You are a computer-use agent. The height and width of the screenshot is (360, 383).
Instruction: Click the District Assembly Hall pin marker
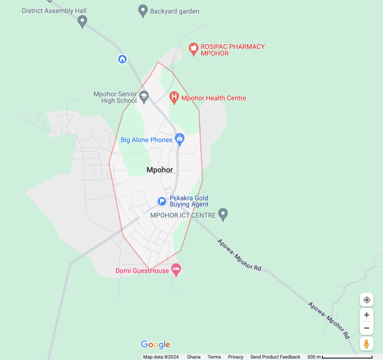click(x=82, y=21)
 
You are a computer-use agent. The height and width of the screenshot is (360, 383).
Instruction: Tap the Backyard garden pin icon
click(x=143, y=11)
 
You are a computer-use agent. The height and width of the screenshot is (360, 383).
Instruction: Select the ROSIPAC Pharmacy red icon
click(x=193, y=49)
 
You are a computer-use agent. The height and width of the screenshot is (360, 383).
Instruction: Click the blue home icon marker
click(x=122, y=59)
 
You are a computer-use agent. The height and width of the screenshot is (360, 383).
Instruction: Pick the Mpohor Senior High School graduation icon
click(x=144, y=97)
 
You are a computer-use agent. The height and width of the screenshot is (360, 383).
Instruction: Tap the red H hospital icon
click(x=174, y=98)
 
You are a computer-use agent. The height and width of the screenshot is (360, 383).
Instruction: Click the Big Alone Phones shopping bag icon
click(x=180, y=140)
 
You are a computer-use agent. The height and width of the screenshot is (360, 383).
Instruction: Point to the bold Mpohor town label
click(x=160, y=170)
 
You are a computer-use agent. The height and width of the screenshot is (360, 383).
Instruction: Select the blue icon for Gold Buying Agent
click(x=162, y=201)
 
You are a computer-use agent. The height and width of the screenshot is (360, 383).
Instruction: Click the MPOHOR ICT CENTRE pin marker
click(x=223, y=214)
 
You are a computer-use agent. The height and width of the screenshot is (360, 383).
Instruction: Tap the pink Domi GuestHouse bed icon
click(x=176, y=270)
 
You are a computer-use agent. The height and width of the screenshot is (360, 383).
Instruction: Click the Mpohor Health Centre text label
click(x=214, y=98)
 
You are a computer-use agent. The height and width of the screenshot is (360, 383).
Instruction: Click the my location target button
click(x=367, y=300)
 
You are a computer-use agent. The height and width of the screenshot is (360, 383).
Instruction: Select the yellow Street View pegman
click(x=367, y=344)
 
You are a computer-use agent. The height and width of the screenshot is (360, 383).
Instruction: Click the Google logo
click(x=155, y=344)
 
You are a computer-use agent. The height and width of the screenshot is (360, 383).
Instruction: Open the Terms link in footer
click(x=214, y=357)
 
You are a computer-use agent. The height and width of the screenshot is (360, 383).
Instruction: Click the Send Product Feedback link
click(x=275, y=357)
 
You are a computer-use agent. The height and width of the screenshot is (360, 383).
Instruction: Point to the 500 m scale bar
click(x=347, y=357)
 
